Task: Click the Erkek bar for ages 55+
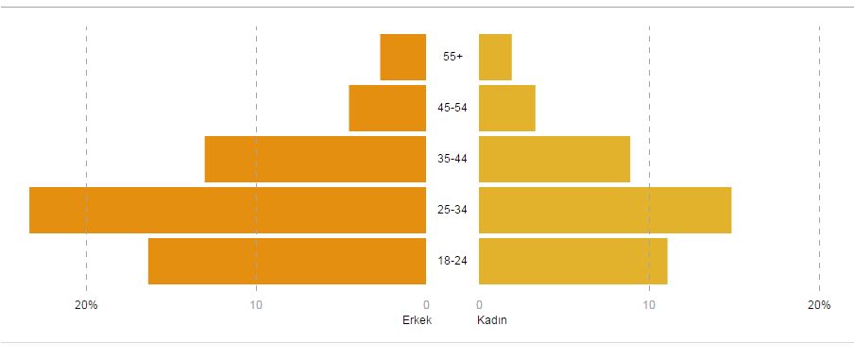pos(403,57)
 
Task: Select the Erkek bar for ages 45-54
pos(387,108)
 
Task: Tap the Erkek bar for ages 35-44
pos(316,159)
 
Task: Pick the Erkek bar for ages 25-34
pos(228,210)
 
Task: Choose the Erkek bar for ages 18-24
pos(287,261)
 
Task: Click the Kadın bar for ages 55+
pos(495,57)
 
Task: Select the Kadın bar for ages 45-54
pos(507,108)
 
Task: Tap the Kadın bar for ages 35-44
pos(555,159)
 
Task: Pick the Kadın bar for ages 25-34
pos(605,210)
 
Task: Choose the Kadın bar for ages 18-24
pos(573,261)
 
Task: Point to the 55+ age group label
pos(453,57)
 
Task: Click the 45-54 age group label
pos(453,108)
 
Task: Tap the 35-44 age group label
pos(453,159)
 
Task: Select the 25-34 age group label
pos(453,210)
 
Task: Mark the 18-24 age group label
pos(453,261)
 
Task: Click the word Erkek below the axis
pos(417,320)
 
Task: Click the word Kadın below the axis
pos(493,320)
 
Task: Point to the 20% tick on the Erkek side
pos(87,305)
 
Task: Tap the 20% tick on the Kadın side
pos(819,305)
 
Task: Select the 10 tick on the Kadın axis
pos(649,305)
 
